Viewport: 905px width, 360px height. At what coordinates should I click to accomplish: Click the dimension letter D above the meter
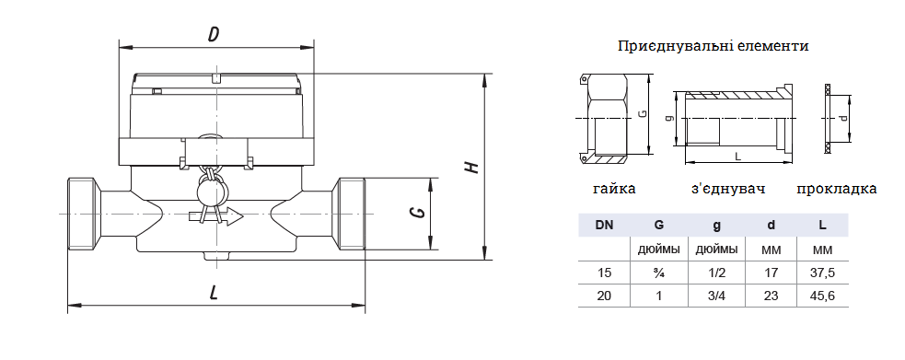[215, 35]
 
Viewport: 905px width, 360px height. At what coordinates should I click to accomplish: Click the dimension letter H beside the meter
[472, 168]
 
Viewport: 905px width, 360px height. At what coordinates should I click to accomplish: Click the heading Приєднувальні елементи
[713, 46]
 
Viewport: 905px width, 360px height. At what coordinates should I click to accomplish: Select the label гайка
[614, 189]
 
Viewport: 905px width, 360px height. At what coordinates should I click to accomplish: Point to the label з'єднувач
[728, 189]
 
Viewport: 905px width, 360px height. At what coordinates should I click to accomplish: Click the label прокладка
[836, 189]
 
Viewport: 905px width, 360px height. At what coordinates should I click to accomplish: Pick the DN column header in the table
[604, 225]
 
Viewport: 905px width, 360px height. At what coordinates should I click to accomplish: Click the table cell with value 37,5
[823, 273]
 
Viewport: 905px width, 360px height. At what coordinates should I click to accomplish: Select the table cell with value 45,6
[823, 296]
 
